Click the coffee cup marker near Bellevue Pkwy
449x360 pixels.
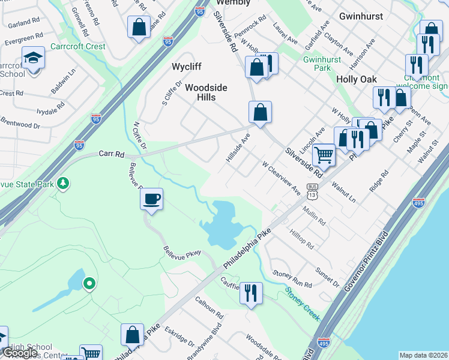point(151,199)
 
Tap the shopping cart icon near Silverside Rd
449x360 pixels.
point(324,155)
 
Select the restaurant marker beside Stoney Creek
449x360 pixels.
point(250,293)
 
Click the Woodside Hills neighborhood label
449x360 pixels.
point(206,92)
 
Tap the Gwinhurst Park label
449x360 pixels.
point(317,64)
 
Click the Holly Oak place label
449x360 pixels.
point(357,79)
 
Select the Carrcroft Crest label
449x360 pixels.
point(77,46)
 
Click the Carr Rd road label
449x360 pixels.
point(112,154)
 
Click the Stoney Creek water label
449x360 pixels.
point(303,304)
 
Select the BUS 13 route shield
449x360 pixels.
point(312,191)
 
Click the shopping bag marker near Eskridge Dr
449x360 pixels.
point(132,334)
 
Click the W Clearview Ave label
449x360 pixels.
point(281,178)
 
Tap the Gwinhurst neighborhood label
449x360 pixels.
point(361,16)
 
